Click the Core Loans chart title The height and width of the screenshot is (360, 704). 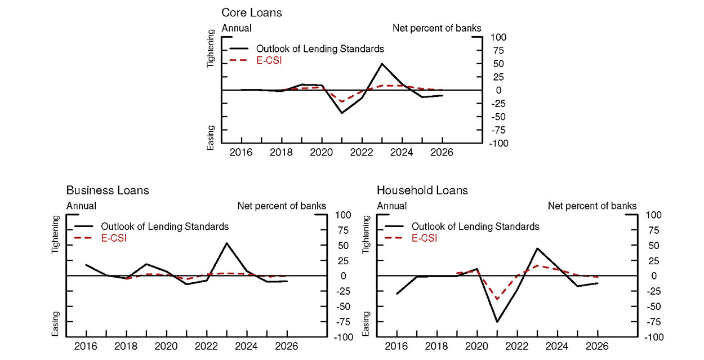251,12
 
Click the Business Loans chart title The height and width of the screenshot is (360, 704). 108,190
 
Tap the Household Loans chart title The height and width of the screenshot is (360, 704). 422,190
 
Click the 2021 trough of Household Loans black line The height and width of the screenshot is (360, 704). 497,322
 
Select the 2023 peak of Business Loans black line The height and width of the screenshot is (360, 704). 226,243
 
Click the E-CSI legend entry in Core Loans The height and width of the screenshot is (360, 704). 269,60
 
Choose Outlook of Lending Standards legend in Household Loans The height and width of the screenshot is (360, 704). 475,226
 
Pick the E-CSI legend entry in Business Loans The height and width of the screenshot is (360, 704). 114,238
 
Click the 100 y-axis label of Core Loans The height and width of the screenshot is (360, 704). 499,37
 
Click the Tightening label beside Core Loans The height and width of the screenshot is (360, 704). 211,50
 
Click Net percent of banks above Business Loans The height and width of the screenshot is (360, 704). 282,206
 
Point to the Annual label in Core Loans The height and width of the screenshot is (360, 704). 237,28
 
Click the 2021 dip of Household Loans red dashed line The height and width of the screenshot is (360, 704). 497,299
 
